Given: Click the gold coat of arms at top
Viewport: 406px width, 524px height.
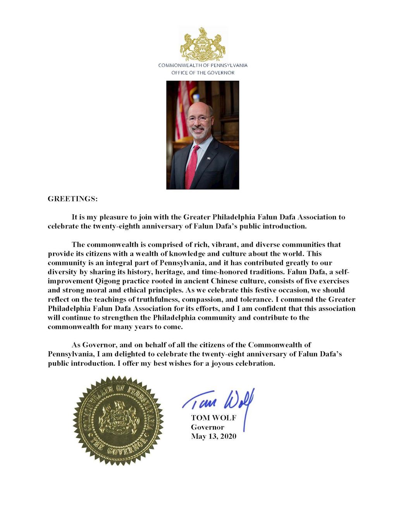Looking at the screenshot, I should pyautogui.click(x=203, y=44).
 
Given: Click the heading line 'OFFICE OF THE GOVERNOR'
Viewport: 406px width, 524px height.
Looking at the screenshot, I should pyautogui.click(x=203, y=73).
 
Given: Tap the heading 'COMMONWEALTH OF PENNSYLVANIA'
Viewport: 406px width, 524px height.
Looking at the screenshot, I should pyautogui.click(x=203, y=65).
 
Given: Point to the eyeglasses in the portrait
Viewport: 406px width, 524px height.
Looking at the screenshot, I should pyautogui.click(x=199, y=118).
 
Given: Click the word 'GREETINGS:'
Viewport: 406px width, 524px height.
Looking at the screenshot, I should pyautogui.click(x=72, y=199).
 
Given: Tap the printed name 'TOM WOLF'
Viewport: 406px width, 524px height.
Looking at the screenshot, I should pyautogui.click(x=213, y=418).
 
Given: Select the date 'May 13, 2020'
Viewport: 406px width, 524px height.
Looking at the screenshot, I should pyautogui.click(x=213, y=436).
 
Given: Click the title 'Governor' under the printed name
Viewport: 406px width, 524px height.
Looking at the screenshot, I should pyautogui.click(x=207, y=427).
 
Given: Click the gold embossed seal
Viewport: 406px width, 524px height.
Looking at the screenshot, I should pyautogui.click(x=118, y=420).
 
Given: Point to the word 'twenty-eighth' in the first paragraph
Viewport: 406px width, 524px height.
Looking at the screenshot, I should pyautogui.click(x=116, y=226).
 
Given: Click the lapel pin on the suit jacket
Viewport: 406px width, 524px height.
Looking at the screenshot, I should pyautogui.click(x=208, y=158).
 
